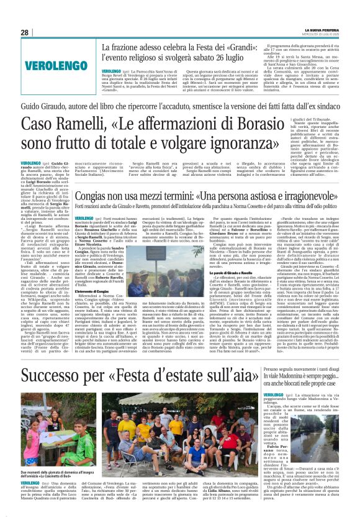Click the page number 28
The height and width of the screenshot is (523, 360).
(25, 32)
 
